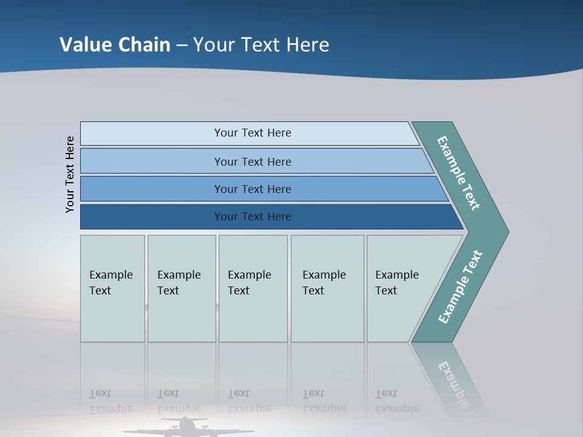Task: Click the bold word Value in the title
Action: (x=84, y=45)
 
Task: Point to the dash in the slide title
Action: (x=182, y=46)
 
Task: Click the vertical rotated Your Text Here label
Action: (x=70, y=174)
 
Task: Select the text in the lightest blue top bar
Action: (x=253, y=133)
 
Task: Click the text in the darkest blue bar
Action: (x=253, y=217)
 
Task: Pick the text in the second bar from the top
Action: (x=253, y=162)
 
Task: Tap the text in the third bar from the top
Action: (x=253, y=189)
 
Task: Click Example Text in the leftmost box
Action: (x=111, y=283)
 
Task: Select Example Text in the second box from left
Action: (x=179, y=283)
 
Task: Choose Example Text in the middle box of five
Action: (x=249, y=283)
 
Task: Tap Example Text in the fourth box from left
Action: (x=324, y=283)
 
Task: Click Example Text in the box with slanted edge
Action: (x=397, y=283)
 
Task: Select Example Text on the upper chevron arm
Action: (x=459, y=173)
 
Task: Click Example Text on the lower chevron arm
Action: (x=460, y=287)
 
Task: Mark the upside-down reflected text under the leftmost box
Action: (x=111, y=401)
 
